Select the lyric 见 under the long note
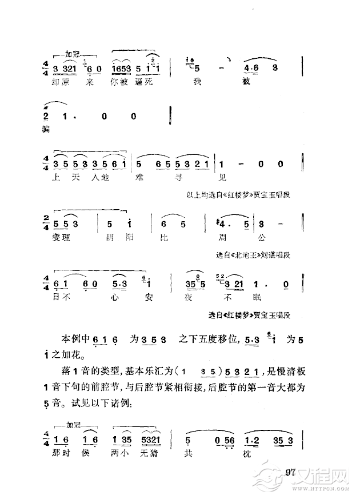click(223, 177)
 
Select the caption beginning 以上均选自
click(239, 195)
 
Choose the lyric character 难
click(139, 177)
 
